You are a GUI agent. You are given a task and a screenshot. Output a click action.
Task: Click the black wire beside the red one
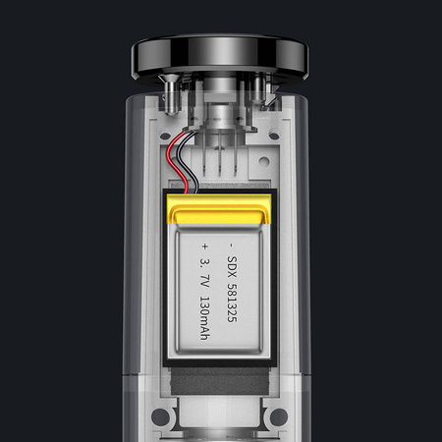[x=183, y=168]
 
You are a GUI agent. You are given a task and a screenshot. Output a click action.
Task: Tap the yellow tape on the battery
[x=220, y=208]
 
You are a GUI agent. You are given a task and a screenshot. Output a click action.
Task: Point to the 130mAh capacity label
[x=204, y=313]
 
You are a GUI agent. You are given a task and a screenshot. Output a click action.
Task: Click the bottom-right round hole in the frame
[x=279, y=417]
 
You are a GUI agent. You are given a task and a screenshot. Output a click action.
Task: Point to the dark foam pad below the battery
[x=220, y=379]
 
